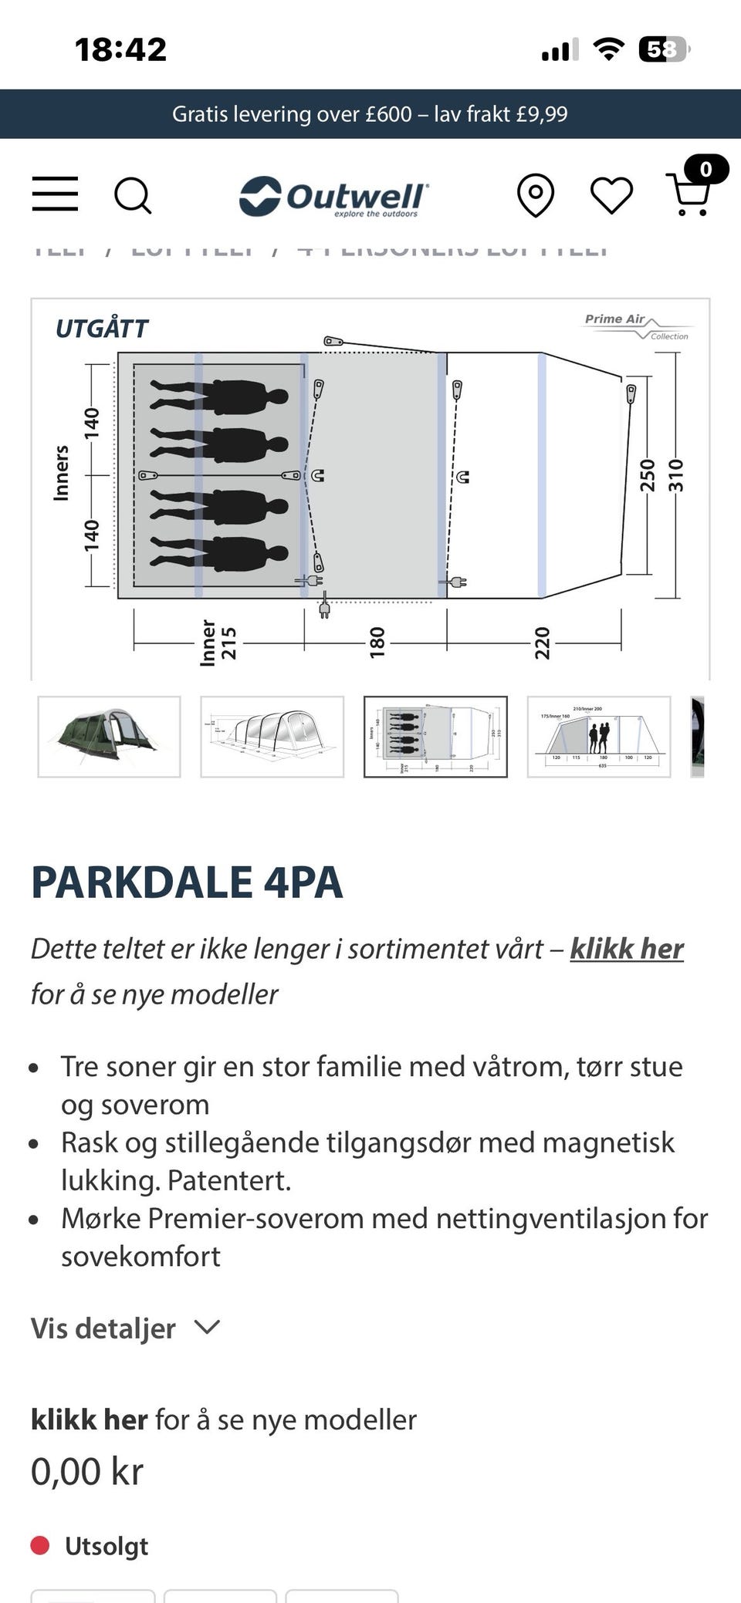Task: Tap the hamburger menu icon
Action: [55, 194]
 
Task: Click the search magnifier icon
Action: [133, 195]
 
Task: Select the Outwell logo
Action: [333, 197]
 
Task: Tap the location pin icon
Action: [536, 195]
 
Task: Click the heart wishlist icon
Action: [611, 195]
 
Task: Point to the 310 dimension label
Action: [676, 475]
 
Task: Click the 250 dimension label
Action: [648, 475]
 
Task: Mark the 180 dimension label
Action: [377, 642]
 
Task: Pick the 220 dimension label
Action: [543, 642]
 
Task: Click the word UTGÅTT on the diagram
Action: [102, 329]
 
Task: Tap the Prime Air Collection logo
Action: [636, 326]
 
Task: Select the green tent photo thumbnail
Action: [109, 737]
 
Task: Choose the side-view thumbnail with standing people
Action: [599, 737]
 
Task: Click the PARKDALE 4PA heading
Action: [187, 882]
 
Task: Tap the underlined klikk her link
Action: [627, 949]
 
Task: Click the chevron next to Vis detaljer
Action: [207, 1327]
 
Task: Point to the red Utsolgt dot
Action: [40, 1546]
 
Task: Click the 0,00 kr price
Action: [87, 1472]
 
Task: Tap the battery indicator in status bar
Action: [664, 50]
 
